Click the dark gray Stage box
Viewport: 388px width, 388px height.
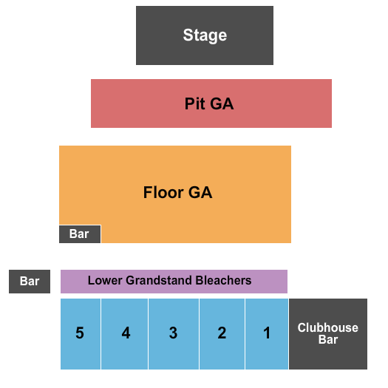205,35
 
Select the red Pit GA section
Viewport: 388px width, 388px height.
211,103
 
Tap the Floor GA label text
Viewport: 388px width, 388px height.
177,193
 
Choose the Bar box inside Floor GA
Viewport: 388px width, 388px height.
80,234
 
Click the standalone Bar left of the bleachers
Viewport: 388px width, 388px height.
30,282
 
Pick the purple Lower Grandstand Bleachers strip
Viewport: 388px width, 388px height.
174,281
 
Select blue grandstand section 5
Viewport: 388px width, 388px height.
80,333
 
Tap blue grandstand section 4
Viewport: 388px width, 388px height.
126,333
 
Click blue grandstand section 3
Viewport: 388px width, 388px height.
173,333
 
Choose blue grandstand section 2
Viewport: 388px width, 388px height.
222,333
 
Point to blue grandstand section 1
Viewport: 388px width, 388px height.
267,333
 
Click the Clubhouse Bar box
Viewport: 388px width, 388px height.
328,333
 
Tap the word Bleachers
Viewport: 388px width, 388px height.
223,281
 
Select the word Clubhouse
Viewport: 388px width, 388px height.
328,327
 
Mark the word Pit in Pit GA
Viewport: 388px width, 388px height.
195,103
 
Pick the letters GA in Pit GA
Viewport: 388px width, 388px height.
222,103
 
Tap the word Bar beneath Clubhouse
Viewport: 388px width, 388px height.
328,340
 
